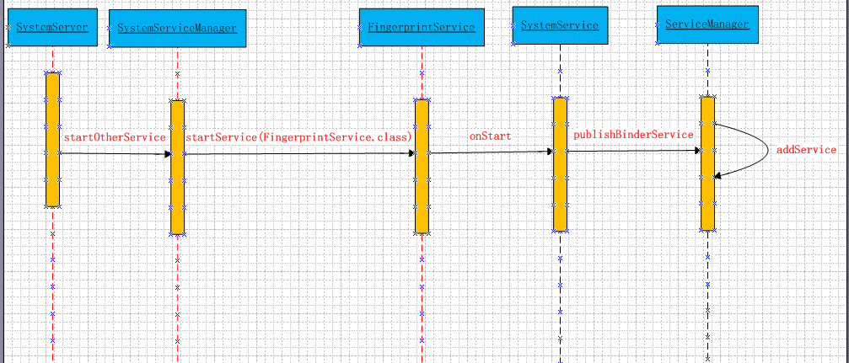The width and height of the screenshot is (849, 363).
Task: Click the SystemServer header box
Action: coord(52,28)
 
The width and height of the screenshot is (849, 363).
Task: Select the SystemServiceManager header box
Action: coord(177,29)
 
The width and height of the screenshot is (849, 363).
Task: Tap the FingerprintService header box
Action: coord(422,28)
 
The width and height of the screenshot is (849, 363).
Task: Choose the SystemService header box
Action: coord(560,25)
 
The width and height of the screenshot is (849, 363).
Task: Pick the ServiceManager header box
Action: coord(707,24)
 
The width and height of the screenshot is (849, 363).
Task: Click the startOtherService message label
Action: coord(115,137)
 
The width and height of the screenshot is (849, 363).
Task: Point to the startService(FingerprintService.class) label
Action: coord(298,137)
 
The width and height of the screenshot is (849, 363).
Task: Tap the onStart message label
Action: coord(490,136)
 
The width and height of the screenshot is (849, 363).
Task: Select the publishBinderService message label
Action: coord(633,135)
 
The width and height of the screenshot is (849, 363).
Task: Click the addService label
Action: coord(806,150)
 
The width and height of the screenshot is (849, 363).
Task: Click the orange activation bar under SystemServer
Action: coord(52,139)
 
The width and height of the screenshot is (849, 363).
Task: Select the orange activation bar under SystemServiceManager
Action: coord(177,167)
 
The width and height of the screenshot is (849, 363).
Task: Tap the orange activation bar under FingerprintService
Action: coord(422,166)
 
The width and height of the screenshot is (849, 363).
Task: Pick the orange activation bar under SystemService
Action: coord(560,163)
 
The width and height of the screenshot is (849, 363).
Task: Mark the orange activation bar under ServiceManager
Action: coord(707,163)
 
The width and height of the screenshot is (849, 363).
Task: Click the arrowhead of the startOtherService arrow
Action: coord(168,154)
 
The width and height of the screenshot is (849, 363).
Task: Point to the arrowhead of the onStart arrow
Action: coord(549,152)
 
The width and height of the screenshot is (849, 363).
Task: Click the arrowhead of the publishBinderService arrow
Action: coord(696,151)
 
